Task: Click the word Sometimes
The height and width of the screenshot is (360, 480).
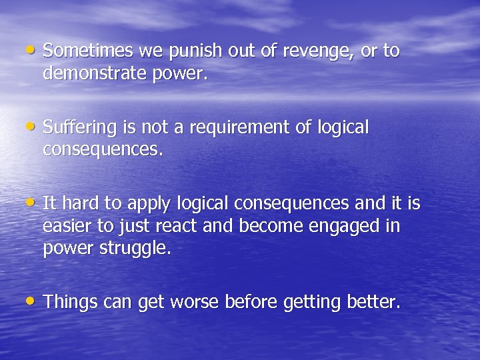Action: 91,51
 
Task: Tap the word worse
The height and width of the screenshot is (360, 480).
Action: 195,303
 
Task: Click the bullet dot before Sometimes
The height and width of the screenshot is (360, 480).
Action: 33,49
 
